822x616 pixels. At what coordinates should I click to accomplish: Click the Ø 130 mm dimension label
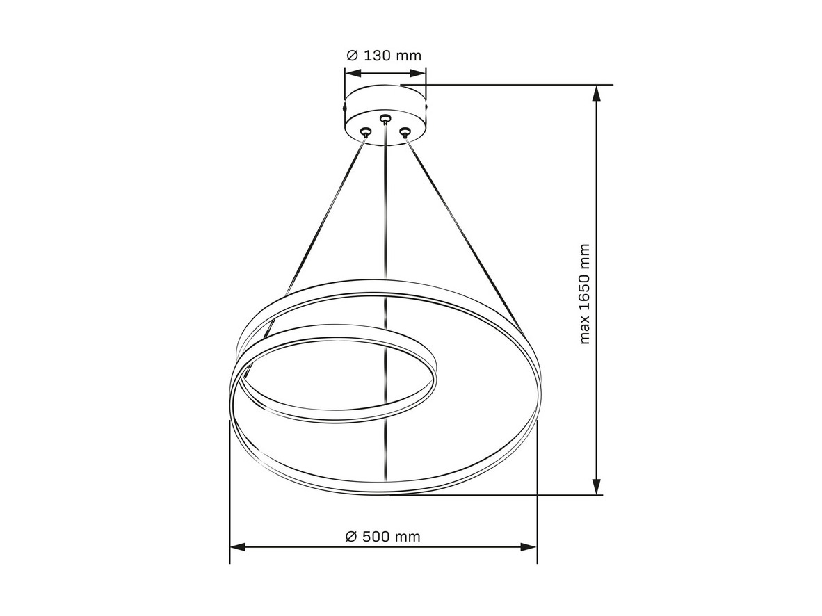tap(385, 55)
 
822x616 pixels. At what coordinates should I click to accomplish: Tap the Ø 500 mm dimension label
tap(383, 536)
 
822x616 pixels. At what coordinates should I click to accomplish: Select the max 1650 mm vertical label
tap(585, 293)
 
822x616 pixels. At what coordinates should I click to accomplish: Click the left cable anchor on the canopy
tap(365, 131)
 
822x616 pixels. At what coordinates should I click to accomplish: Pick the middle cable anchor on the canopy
tap(385, 118)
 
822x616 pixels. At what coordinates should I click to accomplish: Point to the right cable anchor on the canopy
tap(404, 131)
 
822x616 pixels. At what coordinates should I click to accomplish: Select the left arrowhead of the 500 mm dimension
tap(239, 546)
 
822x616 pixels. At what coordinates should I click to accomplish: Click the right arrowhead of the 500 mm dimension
tap(529, 546)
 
